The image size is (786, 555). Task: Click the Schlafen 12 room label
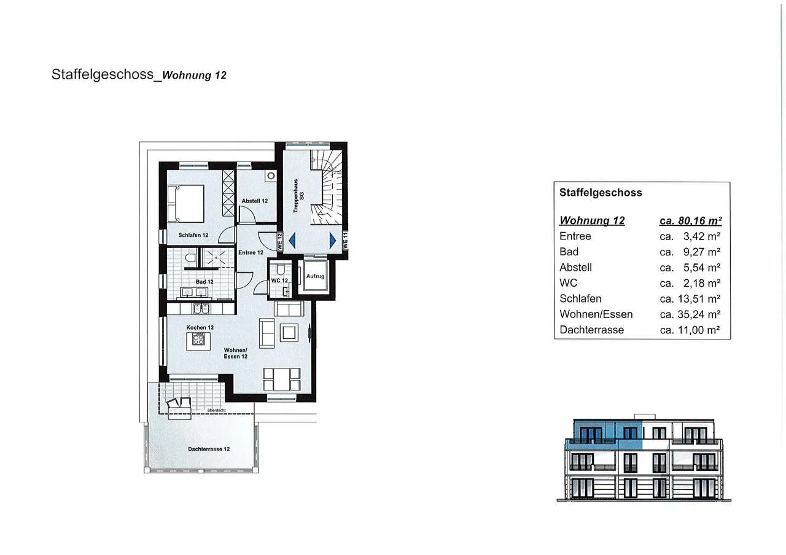coord(193,235)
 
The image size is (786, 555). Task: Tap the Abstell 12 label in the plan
coord(254,201)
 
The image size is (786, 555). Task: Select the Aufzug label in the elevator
coord(315,276)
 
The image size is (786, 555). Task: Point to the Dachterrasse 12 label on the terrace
coord(209,449)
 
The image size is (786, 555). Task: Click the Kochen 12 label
coord(200,327)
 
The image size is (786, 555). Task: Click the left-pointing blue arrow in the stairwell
coord(292,241)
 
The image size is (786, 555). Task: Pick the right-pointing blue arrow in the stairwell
coord(333,241)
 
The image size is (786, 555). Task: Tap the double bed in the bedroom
coord(185,203)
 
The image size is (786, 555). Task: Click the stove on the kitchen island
coord(198,339)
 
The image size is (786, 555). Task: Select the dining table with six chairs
coord(282,379)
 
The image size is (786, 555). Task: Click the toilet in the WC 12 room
coord(281,270)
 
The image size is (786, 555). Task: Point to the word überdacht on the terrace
coord(217,410)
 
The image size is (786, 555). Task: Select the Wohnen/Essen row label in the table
coord(596,314)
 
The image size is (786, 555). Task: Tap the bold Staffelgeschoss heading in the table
coord(601,193)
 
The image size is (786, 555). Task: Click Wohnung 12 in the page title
coord(194,76)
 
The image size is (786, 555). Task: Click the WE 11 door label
coord(345,241)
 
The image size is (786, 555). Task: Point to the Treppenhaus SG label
coord(298,196)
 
